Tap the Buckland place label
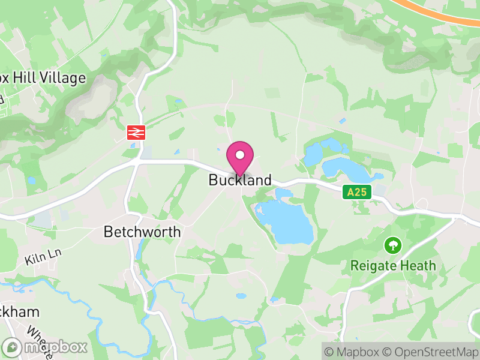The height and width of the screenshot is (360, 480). point(240,180)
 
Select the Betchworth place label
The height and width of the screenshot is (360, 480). point(142,232)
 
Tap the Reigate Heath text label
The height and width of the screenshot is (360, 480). point(393,265)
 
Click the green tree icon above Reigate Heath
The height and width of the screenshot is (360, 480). point(393,245)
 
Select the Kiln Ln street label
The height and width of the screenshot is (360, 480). point(43,257)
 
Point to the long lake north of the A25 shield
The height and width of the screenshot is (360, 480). point(344,170)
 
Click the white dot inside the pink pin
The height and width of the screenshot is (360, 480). point(240,155)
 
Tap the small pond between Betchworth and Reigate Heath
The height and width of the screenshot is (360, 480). point(241,296)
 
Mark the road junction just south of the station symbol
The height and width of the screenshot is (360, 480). point(137,162)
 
